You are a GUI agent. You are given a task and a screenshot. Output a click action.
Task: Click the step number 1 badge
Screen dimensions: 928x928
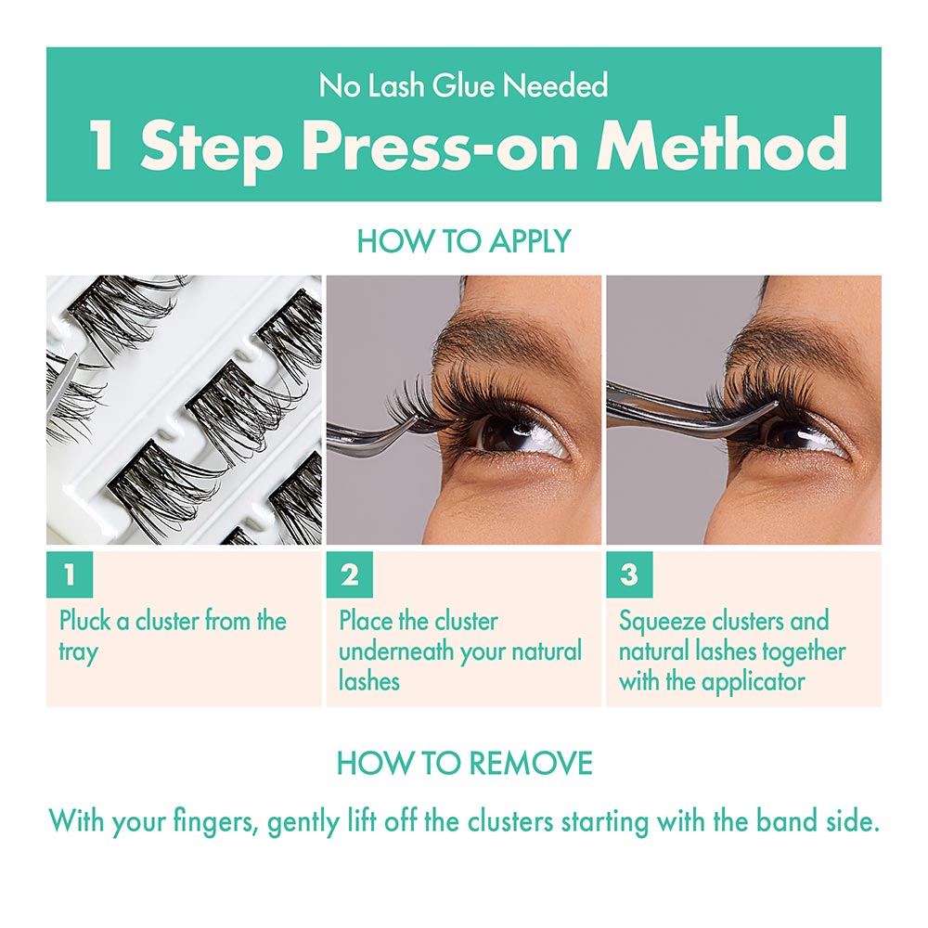pos(70,575)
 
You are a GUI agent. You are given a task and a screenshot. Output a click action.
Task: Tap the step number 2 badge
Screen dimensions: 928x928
pos(350,575)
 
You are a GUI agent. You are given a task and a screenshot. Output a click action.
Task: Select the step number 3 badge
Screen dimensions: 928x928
pos(629,575)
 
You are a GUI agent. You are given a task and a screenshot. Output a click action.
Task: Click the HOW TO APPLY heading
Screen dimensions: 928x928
pos(464,241)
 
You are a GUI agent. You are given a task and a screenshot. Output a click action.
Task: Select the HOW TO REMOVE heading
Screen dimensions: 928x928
pos(464,763)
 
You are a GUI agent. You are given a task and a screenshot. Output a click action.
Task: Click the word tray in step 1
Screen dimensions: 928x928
pos(78,651)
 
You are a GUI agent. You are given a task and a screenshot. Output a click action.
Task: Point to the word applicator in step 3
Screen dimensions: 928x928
pos(753,682)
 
